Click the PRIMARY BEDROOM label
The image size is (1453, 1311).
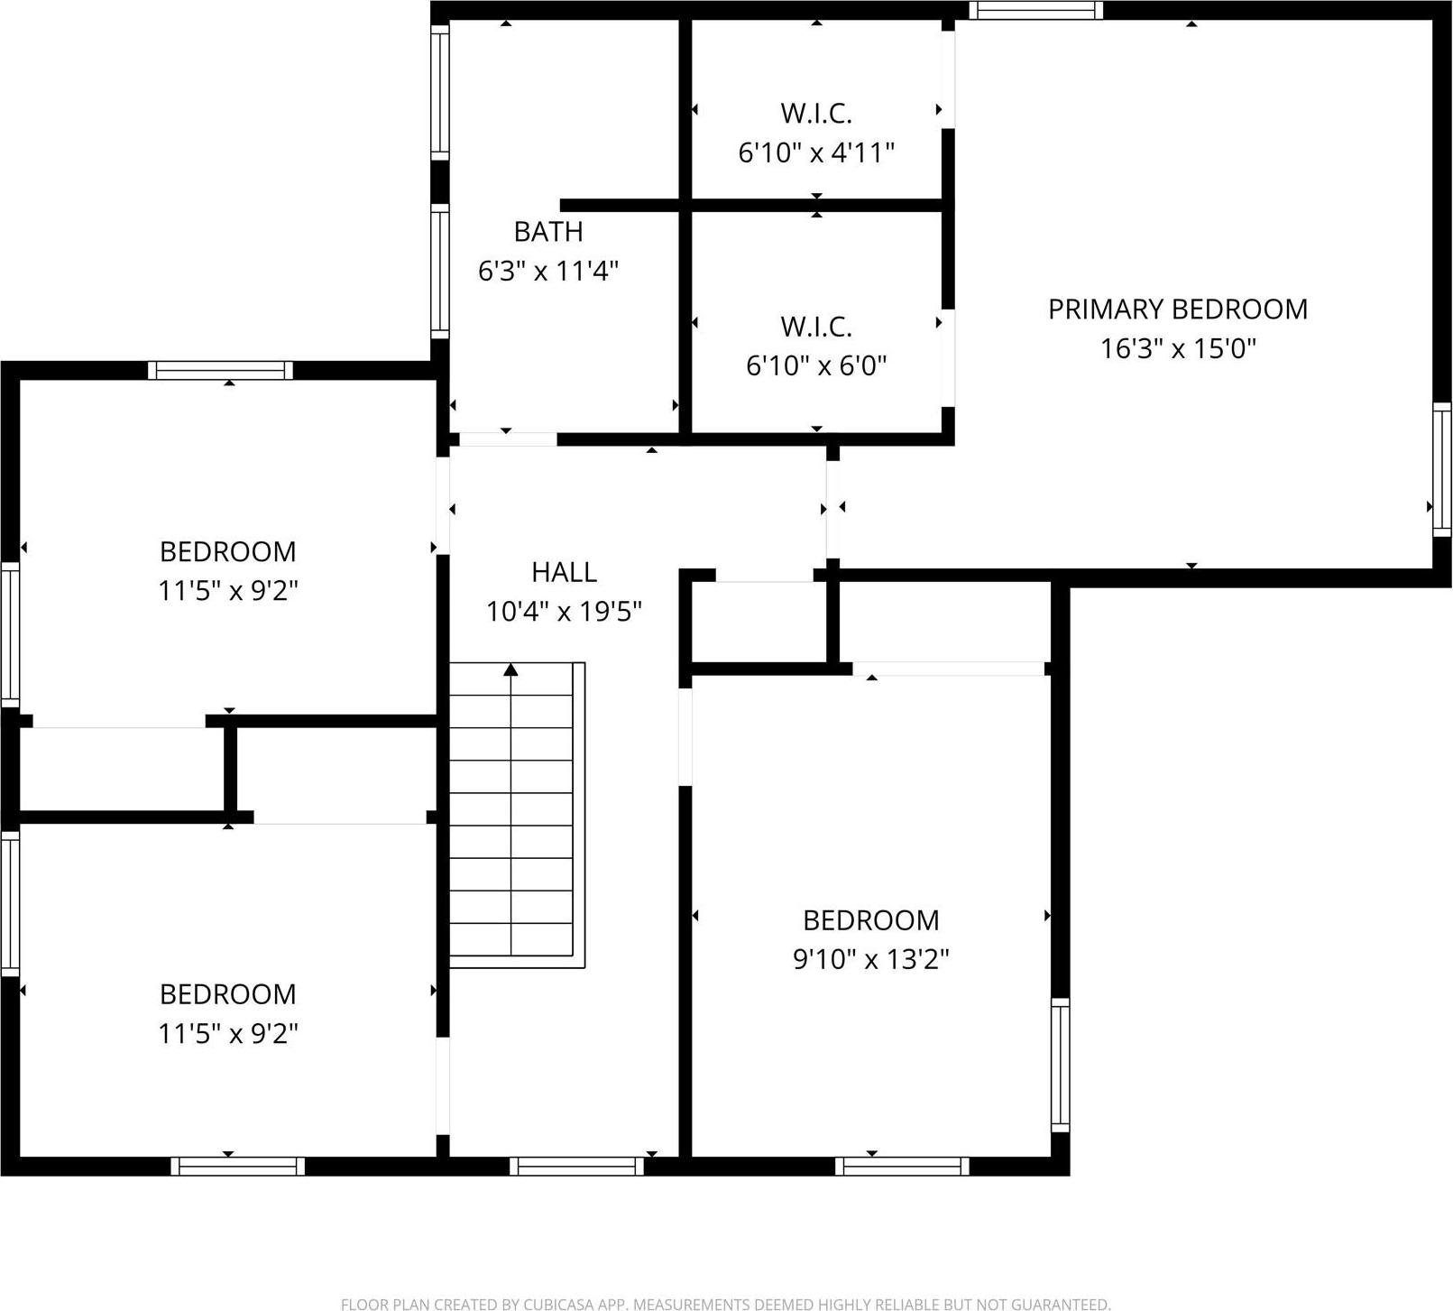pyautogui.click(x=1177, y=309)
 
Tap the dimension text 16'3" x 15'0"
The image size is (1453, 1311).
pyautogui.click(x=1177, y=349)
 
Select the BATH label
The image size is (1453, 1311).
pyautogui.click(x=547, y=232)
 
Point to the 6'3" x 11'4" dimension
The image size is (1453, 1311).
pyautogui.click(x=547, y=271)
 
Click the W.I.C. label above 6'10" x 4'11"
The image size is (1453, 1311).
pyautogui.click(x=816, y=114)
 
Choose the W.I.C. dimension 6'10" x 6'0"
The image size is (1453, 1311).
pyautogui.click(x=816, y=365)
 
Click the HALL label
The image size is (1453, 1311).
pyautogui.click(x=564, y=572)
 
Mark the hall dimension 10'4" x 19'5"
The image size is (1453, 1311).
pyautogui.click(x=564, y=612)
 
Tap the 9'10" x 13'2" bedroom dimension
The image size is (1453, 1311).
pyautogui.click(x=870, y=959)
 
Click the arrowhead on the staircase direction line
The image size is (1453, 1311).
pyautogui.click(x=511, y=669)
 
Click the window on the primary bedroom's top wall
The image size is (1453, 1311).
pyautogui.click(x=1036, y=11)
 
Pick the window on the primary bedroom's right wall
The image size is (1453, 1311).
pyautogui.click(x=1441, y=469)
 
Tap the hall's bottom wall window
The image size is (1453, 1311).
pyautogui.click(x=576, y=1166)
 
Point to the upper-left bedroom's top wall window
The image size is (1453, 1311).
pyautogui.click(x=220, y=370)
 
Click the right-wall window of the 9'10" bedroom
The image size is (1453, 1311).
pyautogui.click(x=1061, y=1065)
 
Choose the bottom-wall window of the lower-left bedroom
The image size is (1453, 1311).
pyautogui.click(x=238, y=1166)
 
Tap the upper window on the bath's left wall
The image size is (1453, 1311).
pyautogui.click(x=439, y=92)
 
